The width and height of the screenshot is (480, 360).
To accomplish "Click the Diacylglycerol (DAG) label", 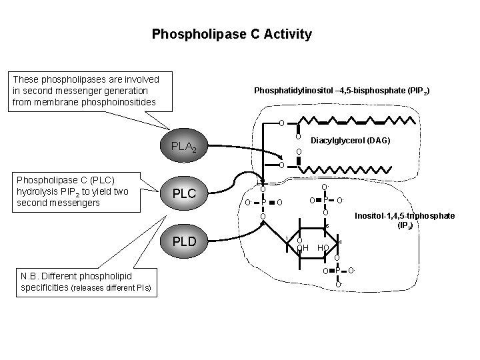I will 351,141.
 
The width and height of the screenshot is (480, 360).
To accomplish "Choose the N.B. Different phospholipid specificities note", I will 81,281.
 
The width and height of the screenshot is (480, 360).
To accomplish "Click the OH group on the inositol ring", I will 303,248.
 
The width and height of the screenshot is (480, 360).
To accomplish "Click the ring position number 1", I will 286,238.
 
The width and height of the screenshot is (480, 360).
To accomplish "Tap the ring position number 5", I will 327,227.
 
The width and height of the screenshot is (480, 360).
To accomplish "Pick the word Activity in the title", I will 289,33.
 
